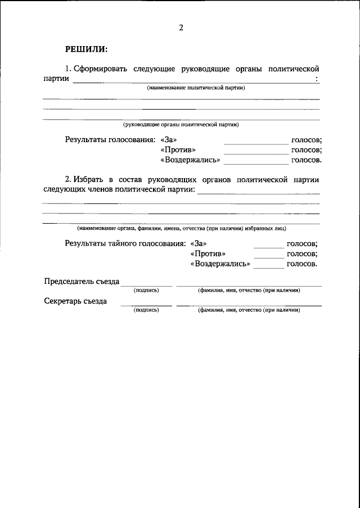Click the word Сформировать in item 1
101,69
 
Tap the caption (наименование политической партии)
196,88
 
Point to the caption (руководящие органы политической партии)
184,124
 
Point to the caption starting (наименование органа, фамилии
182,228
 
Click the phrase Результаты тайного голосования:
125,243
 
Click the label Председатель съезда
82,282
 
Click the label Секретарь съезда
75,301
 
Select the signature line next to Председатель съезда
146,285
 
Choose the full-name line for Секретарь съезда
249,305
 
